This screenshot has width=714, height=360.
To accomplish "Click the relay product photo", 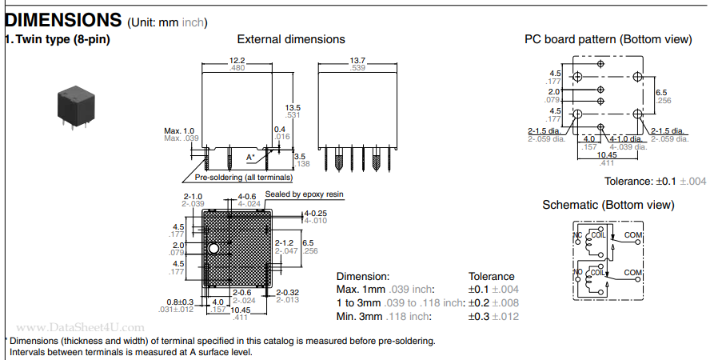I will click(x=76, y=104).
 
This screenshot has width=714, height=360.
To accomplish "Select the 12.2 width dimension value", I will click(x=237, y=60).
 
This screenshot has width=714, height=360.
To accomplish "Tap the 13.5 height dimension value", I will click(x=293, y=108).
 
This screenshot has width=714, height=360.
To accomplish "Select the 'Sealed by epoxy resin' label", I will click(x=304, y=194).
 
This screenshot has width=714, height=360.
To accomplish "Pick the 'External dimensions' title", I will click(x=291, y=39).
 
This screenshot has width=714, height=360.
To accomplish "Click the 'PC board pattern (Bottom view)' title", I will click(x=608, y=39).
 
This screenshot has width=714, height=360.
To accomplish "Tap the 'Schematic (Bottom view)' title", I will click(x=608, y=205).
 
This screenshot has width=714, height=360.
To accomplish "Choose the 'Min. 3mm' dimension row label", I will click(x=359, y=316).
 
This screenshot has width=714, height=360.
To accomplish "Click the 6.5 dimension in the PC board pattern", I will click(x=661, y=92).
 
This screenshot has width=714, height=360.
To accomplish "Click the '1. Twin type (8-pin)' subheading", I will click(x=58, y=39).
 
